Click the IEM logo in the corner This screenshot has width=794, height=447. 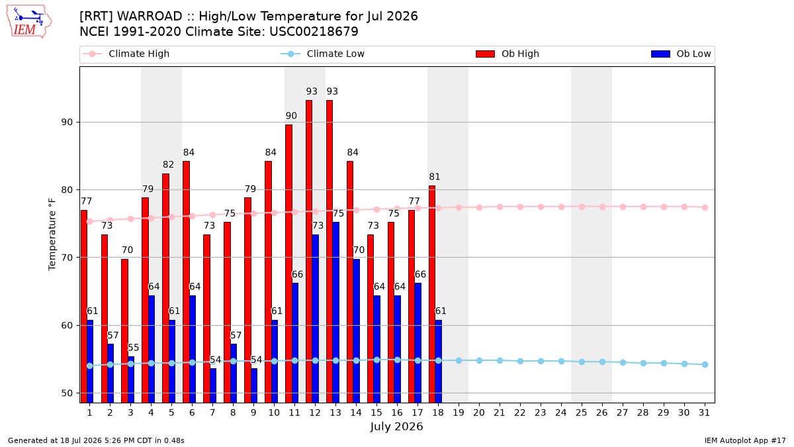coord(28,21)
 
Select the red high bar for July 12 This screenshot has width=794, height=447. coord(309,251)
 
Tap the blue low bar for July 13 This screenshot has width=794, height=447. coord(335,312)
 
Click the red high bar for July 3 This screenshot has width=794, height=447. coord(125,330)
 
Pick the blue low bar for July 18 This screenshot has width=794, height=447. coord(439,361)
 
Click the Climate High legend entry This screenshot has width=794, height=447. coord(126,54)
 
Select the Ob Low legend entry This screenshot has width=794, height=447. coord(681,54)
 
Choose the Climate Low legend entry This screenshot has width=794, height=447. coord(323,54)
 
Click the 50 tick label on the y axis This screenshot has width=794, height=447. coord(67,393)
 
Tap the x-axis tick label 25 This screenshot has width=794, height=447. coord(582,413)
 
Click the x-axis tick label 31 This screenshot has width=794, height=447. coord(704,413)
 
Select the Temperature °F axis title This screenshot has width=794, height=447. coord(52,234)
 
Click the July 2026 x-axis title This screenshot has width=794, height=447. coord(396,426)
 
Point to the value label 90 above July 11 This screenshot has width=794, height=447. coord(291,116)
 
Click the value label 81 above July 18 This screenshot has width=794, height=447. coord(435,177)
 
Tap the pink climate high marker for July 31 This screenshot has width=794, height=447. coord(705,207)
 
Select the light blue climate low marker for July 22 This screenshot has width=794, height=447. coord(520,361)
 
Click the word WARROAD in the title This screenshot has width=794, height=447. coord(150,17)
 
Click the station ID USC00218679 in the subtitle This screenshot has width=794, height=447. coord(314,32)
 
